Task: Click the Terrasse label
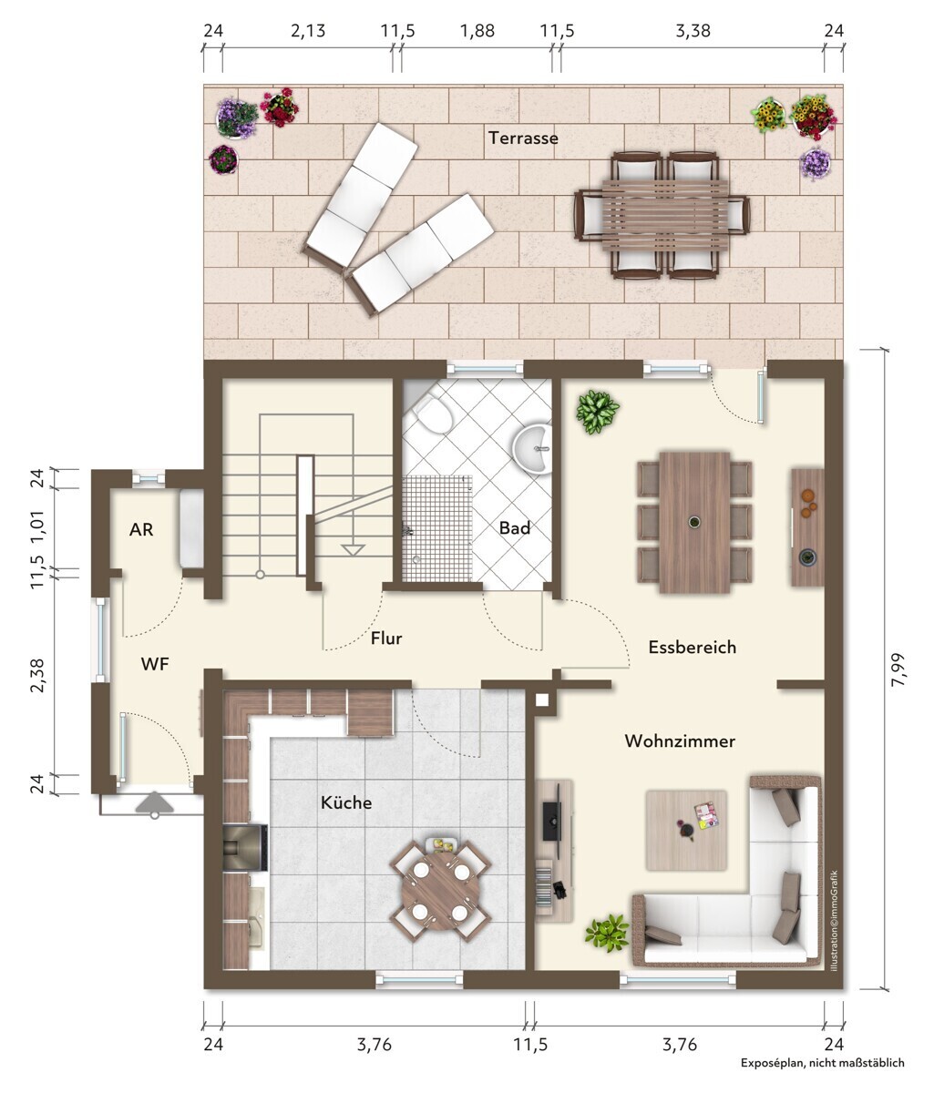pos(522,138)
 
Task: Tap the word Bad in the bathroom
pos(514,527)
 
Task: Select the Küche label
pos(346,802)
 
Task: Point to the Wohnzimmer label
pos(680,741)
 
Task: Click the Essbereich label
pos(693,647)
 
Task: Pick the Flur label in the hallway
pos(386,638)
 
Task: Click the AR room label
pos(141,529)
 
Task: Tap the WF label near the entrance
pos(154,664)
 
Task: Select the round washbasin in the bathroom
pos(532,448)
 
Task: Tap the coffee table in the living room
pos(686,830)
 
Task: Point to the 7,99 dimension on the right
pos(898,669)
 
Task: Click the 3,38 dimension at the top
pos(693,31)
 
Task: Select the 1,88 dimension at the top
pos(477,31)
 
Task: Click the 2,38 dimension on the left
pos(37,675)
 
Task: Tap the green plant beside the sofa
pos(607,933)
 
